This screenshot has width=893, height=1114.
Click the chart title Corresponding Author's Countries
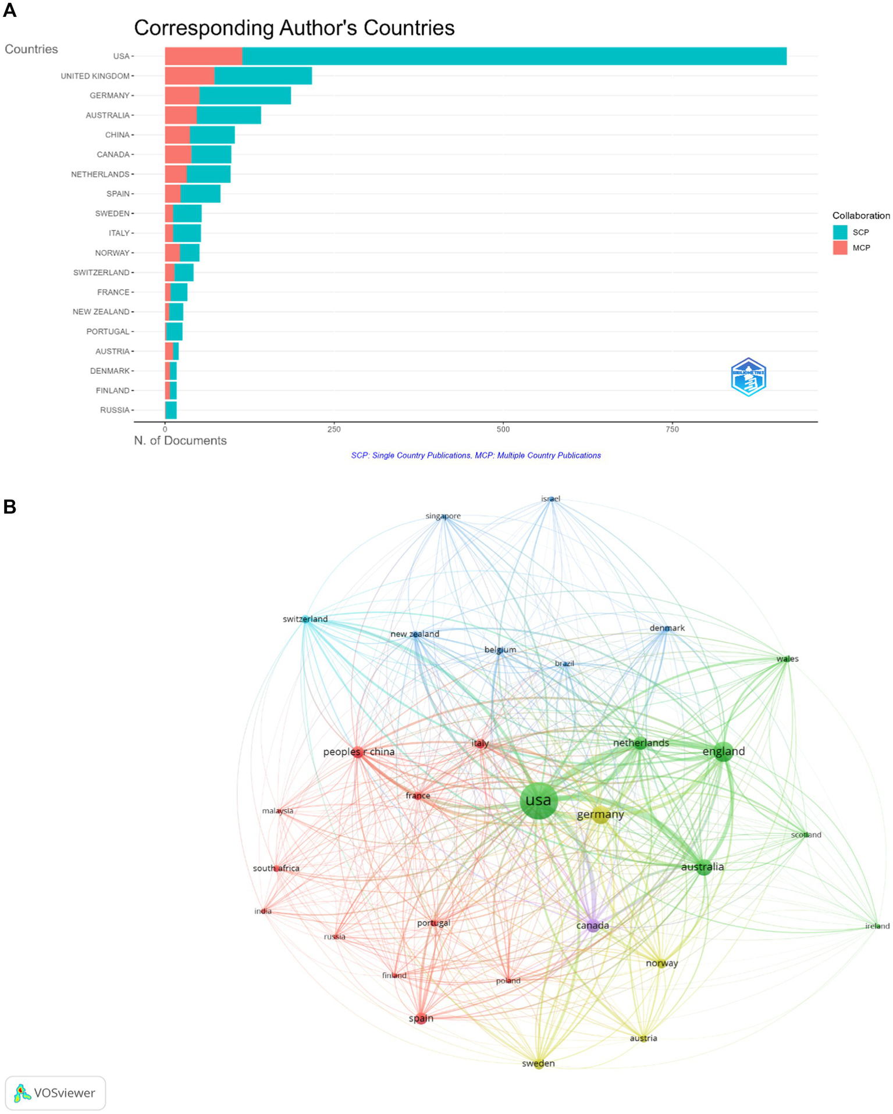coord(294,28)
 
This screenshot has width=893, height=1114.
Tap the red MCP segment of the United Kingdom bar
coord(190,76)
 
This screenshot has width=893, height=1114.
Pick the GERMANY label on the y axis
coord(109,96)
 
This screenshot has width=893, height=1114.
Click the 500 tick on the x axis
coord(503,430)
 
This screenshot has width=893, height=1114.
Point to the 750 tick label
coord(672,430)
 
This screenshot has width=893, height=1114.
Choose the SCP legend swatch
coord(839,233)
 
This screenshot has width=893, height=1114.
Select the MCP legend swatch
coord(839,248)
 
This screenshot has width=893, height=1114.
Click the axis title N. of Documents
coord(180,441)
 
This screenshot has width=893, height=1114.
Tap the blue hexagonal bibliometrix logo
coord(748,377)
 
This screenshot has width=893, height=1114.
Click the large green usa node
coord(539,801)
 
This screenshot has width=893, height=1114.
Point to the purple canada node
coord(593,926)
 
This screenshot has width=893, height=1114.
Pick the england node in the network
coord(723,752)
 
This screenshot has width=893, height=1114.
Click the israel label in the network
coord(550,499)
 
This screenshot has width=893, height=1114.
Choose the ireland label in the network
coord(877,926)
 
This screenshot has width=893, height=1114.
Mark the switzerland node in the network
coord(306,620)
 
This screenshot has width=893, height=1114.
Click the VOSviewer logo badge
coord(55,1093)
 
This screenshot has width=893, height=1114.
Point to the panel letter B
coord(9,506)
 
